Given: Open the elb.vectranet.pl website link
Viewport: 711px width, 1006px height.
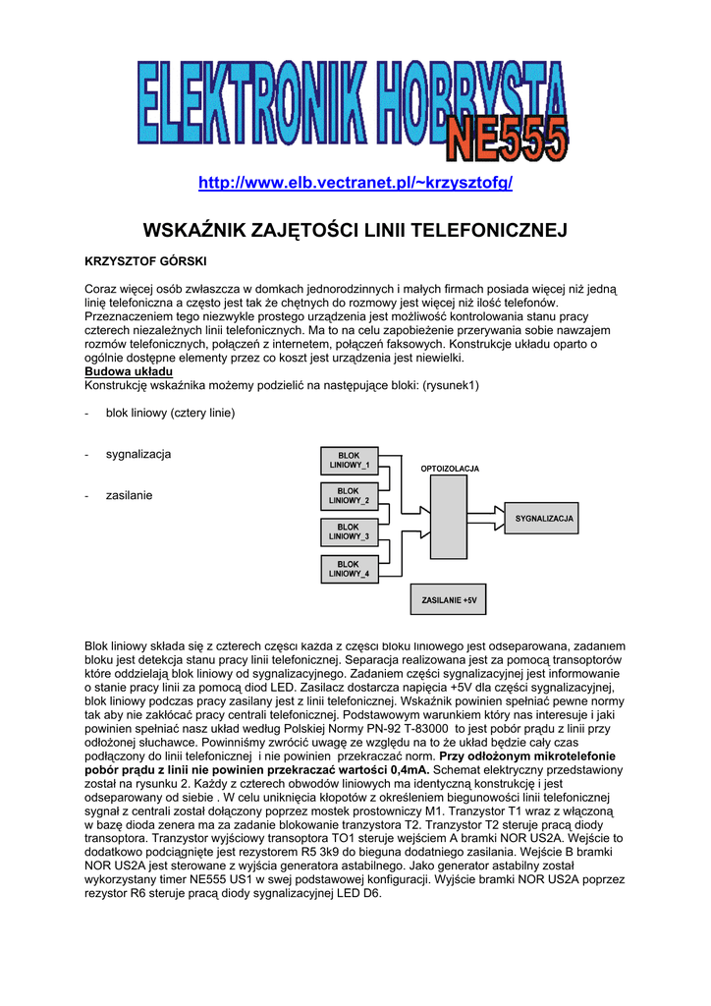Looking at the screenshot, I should [x=355, y=184].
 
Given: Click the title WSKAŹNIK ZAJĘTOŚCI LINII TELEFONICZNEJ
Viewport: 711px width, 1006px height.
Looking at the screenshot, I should [x=355, y=232].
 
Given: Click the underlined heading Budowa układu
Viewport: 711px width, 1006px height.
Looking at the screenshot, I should [x=129, y=372].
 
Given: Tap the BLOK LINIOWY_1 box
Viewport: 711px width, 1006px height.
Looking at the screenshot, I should [x=349, y=461].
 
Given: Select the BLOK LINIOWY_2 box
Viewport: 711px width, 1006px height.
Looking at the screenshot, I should [x=349, y=496].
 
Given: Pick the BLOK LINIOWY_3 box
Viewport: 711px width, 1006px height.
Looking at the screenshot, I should [x=349, y=532].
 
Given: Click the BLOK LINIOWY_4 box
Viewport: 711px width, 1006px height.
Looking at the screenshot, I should [x=349, y=569].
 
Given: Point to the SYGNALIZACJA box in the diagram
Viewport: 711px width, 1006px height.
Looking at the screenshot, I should [x=543, y=518].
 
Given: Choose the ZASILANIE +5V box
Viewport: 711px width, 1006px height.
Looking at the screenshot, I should [x=448, y=599].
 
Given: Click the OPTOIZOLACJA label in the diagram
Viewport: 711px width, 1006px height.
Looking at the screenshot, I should [x=450, y=469].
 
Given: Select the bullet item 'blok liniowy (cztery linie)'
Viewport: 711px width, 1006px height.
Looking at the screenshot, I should [x=170, y=413].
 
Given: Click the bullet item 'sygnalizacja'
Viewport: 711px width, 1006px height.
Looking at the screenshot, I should [x=138, y=454].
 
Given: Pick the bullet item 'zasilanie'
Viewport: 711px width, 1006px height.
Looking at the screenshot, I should [x=130, y=495].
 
